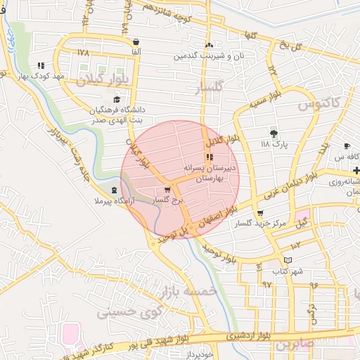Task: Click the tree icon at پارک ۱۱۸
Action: [274, 133]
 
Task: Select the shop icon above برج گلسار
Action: [167, 190]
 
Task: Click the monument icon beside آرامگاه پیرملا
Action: [115, 191]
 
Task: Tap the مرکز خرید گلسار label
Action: [261, 224]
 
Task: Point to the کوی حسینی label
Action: [129, 307]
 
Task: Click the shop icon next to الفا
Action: [135, 41]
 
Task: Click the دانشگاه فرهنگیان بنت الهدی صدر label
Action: [116, 115]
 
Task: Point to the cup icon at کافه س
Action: [347, 146]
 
